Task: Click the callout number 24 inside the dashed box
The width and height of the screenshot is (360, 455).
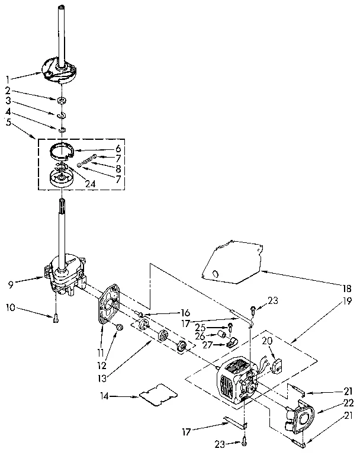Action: pos(90,183)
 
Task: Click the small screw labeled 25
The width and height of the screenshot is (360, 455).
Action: pos(230,327)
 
